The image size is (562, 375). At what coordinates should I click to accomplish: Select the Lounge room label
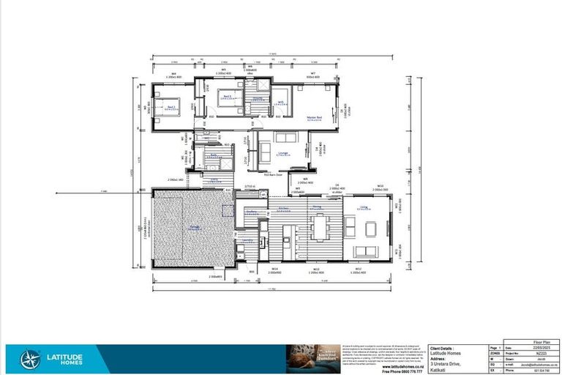click(x=282, y=153)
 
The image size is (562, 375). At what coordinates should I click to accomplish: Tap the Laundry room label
click(x=247, y=240)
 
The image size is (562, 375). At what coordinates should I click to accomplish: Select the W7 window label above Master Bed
click(x=312, y=74)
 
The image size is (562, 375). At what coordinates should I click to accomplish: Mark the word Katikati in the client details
click(x=439, y=369)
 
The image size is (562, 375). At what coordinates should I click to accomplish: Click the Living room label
click(x=364, y=208)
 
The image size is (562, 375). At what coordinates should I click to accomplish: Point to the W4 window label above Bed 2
click(x=174, y=74)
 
